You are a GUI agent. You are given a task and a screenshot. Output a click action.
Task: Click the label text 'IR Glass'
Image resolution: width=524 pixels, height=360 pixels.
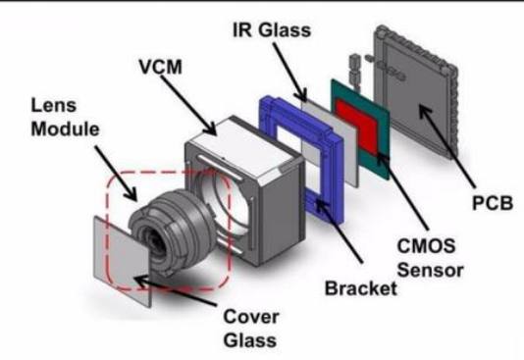point(272,30)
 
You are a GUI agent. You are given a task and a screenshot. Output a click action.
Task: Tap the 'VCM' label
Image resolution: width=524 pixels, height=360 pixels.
point(161,67)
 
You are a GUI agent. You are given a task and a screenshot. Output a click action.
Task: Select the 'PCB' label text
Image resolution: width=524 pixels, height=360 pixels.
point(493,202)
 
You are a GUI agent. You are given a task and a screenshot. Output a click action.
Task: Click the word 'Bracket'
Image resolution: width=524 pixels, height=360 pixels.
point(361,288)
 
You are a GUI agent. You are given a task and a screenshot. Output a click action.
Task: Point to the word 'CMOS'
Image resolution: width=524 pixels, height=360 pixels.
point(426,245)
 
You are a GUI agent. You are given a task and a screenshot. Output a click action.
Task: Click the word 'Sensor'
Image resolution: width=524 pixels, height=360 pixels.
point(430,270)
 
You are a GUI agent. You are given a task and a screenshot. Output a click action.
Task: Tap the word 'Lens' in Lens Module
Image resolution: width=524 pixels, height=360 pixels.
point(53,105)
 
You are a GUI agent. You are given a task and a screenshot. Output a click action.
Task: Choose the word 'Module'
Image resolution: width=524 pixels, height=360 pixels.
point(65,129)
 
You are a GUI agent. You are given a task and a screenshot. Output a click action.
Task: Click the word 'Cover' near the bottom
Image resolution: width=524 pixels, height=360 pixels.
point(251,316)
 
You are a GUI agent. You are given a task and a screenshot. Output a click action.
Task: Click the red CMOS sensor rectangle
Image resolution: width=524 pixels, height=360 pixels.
point(356,127)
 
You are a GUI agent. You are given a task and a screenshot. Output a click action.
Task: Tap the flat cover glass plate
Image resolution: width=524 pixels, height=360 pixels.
point(122,262)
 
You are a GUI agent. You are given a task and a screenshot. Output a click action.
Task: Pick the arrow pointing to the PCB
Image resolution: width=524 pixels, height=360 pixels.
point(446,146)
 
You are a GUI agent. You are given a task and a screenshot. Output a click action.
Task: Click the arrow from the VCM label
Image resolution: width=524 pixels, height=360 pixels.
point(188,105)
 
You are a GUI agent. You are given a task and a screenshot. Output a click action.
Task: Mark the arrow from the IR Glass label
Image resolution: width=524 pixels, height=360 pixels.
point(289,72)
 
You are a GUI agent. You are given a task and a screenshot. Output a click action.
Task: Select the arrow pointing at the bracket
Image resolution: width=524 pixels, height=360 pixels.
point(339,231)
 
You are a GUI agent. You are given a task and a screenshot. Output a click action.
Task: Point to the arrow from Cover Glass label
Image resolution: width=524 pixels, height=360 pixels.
point(175,290)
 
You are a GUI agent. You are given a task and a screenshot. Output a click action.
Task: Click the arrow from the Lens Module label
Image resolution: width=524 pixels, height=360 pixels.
point(115,174)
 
